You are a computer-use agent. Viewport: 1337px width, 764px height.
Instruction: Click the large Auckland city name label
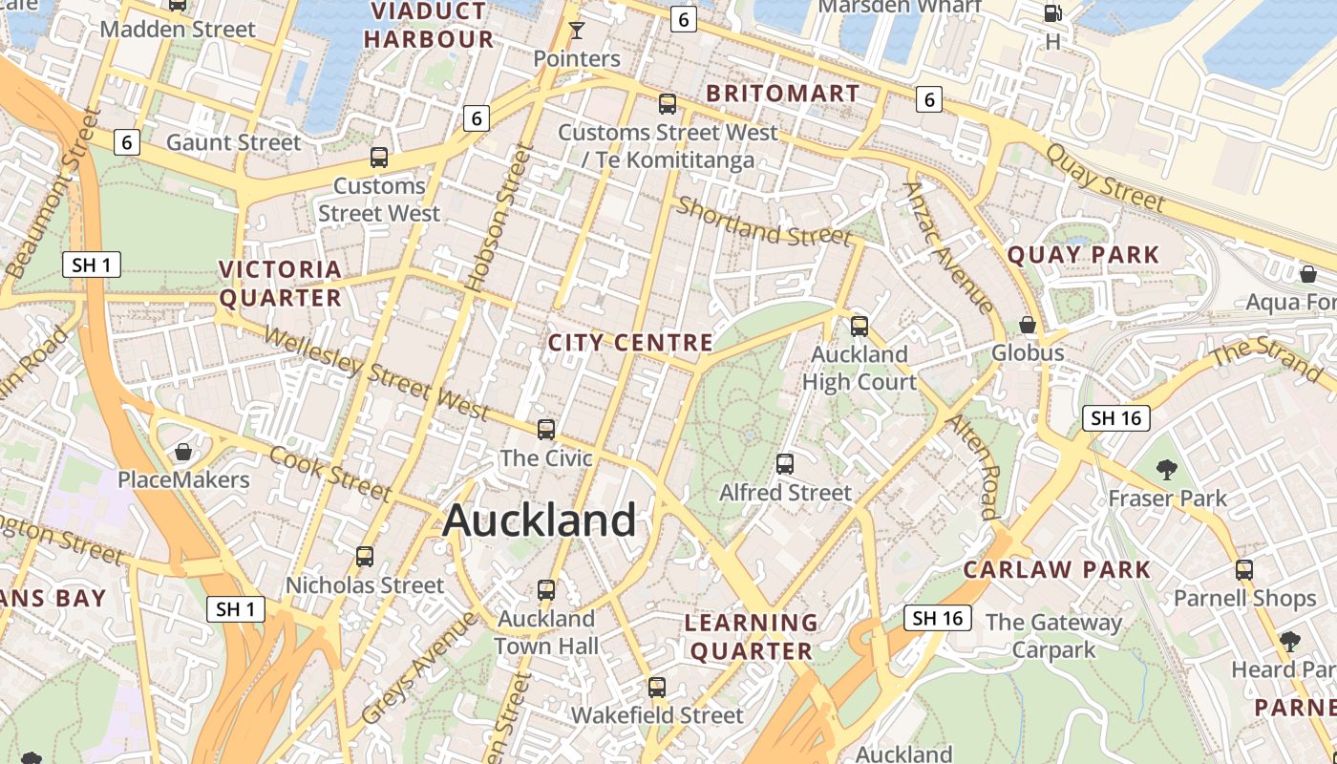(x=540, y=520)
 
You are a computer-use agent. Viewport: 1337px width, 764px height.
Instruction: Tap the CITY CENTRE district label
(x=630, y=343)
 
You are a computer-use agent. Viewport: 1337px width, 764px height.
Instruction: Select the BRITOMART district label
(x=783, y=94)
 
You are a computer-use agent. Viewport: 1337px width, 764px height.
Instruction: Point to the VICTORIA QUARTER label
(x=281, y=284)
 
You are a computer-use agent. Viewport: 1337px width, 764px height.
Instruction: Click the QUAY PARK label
(x=1083, y=255)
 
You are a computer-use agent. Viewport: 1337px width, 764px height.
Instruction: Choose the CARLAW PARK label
(x=1057, y=570)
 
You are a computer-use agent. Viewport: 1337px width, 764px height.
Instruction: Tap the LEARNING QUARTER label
(x=752, y=637)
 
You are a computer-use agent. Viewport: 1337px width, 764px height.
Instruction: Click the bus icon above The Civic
(x=546, y=430)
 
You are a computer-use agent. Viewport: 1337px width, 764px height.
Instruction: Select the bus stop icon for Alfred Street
(x=785, y=464)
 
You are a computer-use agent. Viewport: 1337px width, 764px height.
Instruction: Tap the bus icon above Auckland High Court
(x=859, y=327)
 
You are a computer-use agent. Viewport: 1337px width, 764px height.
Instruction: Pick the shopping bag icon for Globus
(x=1028, y=325)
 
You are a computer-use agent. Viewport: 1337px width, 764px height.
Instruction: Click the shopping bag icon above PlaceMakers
(x=183, y=451)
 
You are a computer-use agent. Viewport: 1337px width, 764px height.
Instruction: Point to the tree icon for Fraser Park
(x=1167, y=469)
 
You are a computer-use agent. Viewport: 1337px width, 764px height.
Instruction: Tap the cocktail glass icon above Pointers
(x=576, y=31)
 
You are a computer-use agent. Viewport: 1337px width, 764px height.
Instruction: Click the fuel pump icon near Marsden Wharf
(x=1052, y=13)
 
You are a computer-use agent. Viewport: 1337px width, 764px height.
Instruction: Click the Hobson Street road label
(x=498, y=218)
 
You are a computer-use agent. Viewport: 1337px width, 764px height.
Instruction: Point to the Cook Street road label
(x=330, y=473)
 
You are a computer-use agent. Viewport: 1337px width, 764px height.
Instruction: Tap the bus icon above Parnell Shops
(x=1244, y=570)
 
